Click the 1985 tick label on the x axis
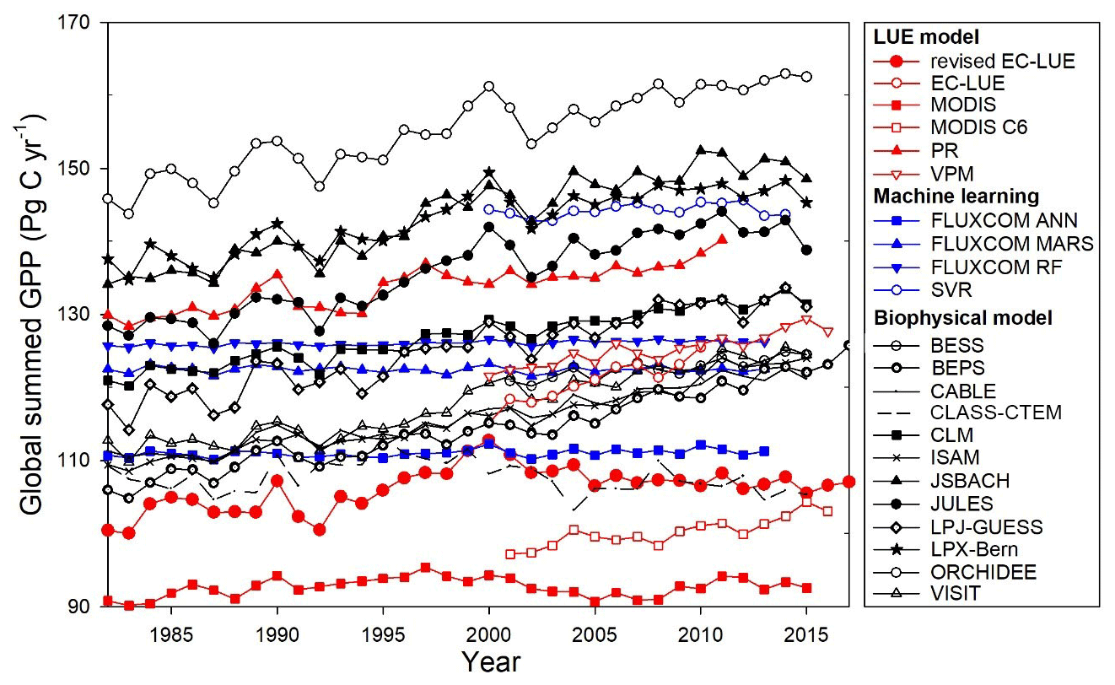click(172, 632)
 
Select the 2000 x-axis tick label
click(489, 632)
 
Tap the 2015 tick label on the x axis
click(805, 632)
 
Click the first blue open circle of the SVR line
click(489, 209)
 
